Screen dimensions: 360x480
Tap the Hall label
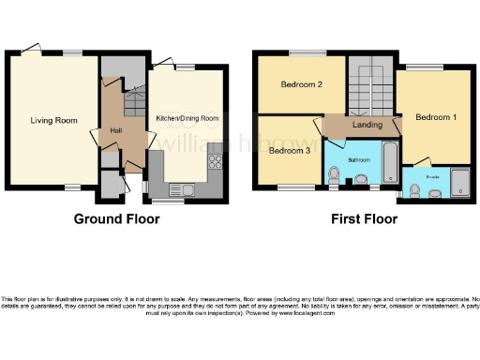117,130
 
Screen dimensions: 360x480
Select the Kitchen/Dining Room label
187,118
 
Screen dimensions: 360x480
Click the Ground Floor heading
117,219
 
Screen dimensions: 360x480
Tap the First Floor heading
363,219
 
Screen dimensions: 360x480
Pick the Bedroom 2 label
302,85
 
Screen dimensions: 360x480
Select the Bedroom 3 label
289,150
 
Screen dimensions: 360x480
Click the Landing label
367,125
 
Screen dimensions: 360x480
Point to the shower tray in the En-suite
460,182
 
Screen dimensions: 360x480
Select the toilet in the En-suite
415,190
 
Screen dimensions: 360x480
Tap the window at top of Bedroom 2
302,52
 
